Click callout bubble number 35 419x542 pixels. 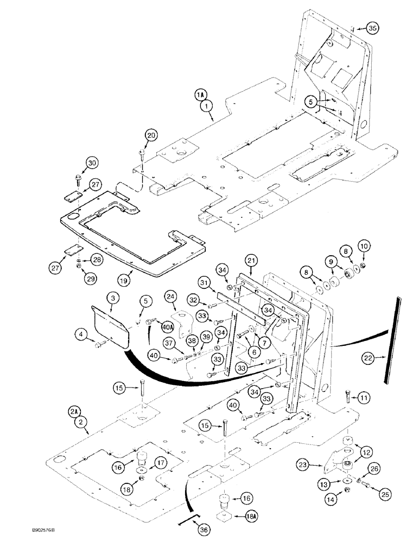click(371, 28)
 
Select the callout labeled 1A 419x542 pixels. click(201, 94)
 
